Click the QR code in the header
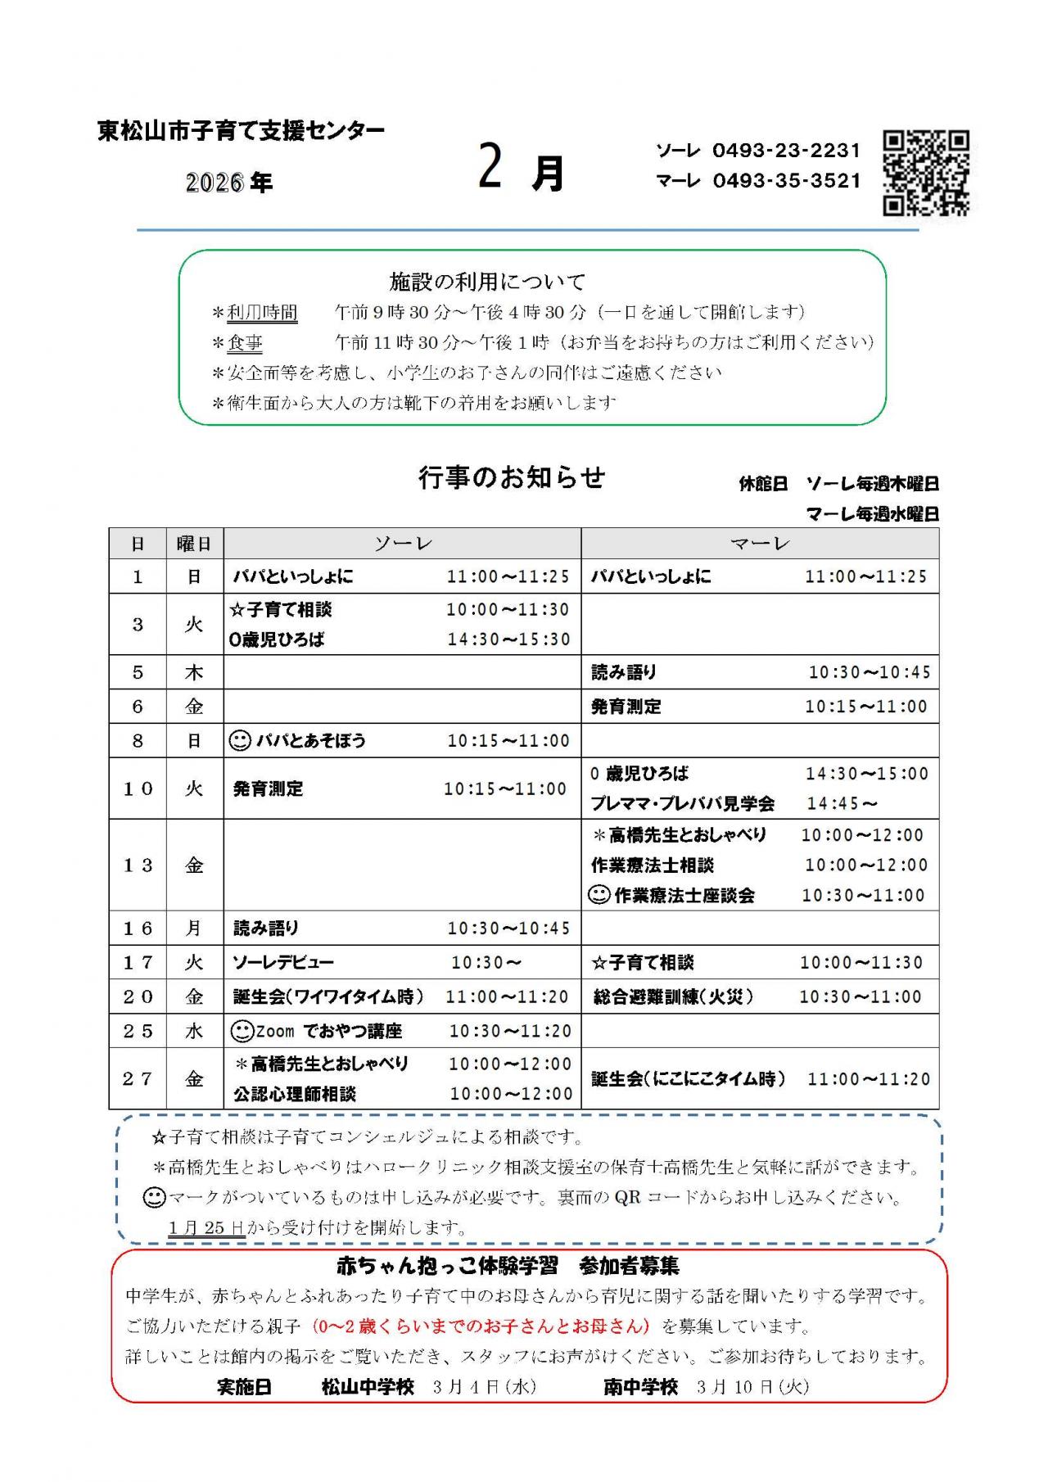coord(926,174)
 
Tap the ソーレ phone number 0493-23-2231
coord(787,151)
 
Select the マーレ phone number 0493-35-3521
coord(787,181)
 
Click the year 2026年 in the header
coord(229,183)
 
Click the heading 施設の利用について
coord(487,282)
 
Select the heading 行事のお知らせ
coord(512,477)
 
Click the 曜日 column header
coord(194,544)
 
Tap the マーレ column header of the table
coord(760,544)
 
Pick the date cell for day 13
coord(138,865)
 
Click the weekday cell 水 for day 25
coord(194,1031)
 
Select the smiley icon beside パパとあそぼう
coord(239,741)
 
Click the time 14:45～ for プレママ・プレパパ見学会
coord(842,804)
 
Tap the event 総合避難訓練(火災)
coord(673,997)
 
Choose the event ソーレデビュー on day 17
coord(283,963)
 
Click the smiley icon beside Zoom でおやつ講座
coord(242,1031)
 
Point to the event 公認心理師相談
coord(295,1095)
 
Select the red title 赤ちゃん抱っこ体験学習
coord(447,1266)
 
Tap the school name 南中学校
coord(641,1387)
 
